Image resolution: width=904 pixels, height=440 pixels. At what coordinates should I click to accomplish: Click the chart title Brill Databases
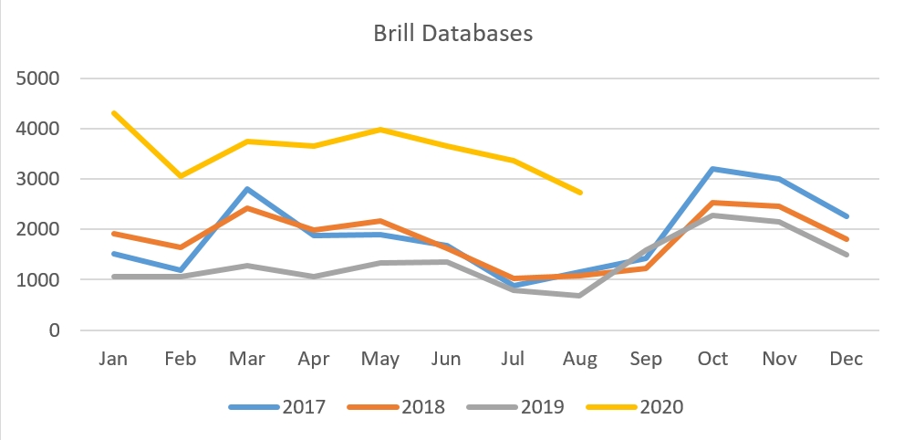[452, 34]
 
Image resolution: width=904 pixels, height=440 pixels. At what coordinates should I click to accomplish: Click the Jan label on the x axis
[113, 359]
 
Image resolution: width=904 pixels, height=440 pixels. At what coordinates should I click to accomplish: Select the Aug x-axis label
[579, 359]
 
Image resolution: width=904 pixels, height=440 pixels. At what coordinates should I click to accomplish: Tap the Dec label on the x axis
[847, 359]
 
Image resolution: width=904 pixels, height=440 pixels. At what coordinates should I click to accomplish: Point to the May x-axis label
[379, 359]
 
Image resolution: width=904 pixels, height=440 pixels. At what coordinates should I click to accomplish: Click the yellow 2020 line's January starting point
[113, 112]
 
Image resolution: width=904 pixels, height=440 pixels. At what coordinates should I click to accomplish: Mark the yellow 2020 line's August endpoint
[579, 193]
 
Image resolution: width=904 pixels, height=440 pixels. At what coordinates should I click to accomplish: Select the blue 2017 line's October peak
[712, 169]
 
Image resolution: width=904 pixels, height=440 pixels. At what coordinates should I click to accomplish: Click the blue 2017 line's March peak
[246, 189]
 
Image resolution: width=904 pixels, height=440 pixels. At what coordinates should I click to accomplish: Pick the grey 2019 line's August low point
[579, 295]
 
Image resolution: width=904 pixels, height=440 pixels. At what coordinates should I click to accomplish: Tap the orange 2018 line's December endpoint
[847, 239]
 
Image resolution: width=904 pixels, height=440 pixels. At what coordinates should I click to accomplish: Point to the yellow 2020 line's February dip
[180, 175]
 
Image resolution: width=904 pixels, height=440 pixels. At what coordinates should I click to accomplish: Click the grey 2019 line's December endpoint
[847, 255]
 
